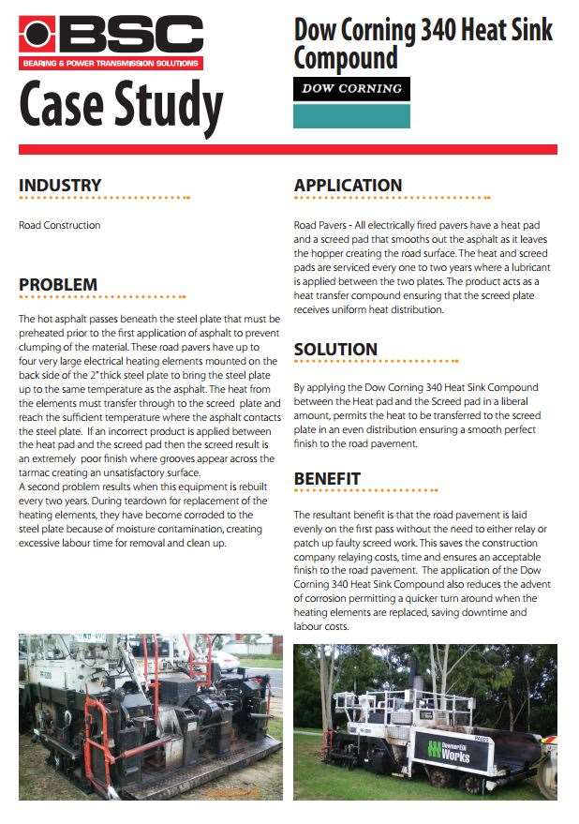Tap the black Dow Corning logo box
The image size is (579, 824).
[351, 89]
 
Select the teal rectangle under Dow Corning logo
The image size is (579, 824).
[351, 116]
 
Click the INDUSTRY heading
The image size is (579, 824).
[60, 186]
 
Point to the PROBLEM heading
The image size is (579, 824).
[58, 285]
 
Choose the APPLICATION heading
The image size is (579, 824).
[349, 186]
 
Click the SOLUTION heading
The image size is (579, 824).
[335, 350]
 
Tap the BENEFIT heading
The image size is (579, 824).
[327, 479]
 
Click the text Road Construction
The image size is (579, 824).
[59, 225]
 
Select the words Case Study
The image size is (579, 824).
[121, 106]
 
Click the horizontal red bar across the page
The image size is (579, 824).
[288, 149]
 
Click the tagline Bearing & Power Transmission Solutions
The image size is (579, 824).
[111, 64]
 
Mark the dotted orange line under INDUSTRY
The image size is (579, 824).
[104, 199]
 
